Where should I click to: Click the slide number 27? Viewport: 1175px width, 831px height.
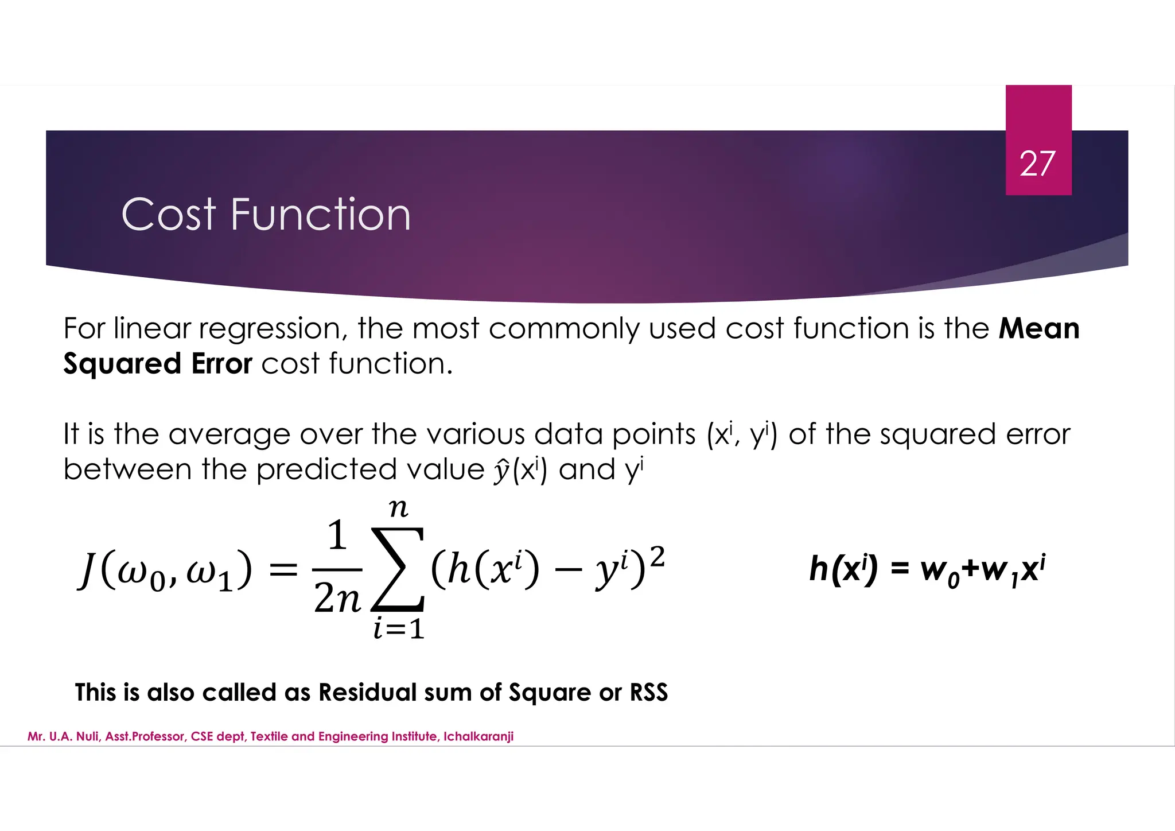pyautogui.click(x=1037, y=164)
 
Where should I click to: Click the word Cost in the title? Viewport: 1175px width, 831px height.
pyautogui.click(x=169, y=215)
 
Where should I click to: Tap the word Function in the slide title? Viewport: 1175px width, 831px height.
pyautogui.click(x=321, y=215)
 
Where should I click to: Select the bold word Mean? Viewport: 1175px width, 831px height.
pyautogui.click(x=1039, y=329)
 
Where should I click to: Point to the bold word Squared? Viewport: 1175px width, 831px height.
pyautogui.click(x=122, y=364)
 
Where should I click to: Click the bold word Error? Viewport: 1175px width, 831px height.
pyautogui.click(x=221, y=364)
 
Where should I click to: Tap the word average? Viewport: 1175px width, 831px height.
pyautogui.click(x=229, y=435)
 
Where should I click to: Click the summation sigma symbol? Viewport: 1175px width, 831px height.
pyautogui.click(x=398, y=569)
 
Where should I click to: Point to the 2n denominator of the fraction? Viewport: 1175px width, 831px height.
pyautogui.click(x=337, y=600)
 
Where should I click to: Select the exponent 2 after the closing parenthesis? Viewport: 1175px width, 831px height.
pyautogui.click(x=657, y=556)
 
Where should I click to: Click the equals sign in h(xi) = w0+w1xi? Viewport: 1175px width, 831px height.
pyautogui.click(x=900, y=569)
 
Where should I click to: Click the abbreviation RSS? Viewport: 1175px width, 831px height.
pyautogui.click(x=649, y=693)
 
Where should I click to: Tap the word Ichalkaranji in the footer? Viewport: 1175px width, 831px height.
pyautogui.click(x=478, y=736)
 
